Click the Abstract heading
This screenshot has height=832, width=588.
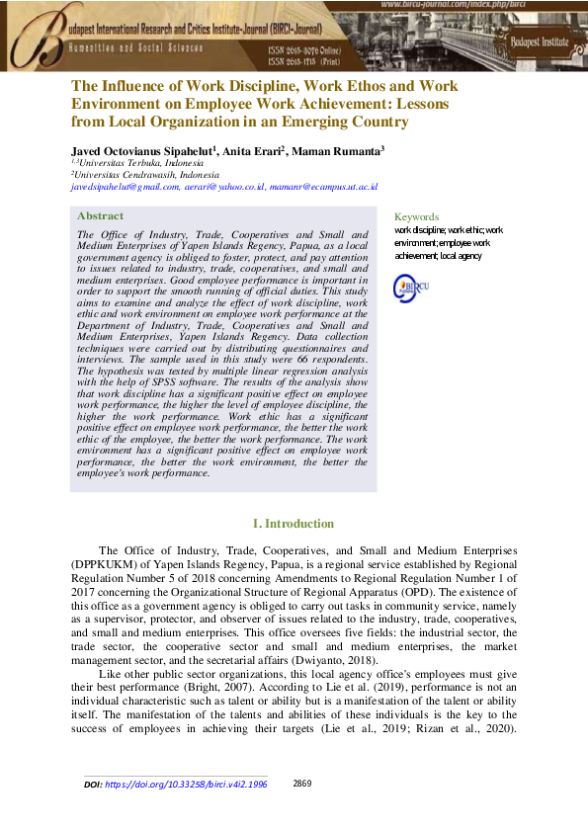click(x=101, y=215)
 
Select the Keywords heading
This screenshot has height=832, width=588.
click(x=416, y=217)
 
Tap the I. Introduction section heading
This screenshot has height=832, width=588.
click(x=294, y=523)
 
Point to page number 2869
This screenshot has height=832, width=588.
click(x=302, y=784)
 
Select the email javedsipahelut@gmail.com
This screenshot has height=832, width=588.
click(x=125, y=185)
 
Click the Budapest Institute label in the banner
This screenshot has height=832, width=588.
click(x=540, y=42)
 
